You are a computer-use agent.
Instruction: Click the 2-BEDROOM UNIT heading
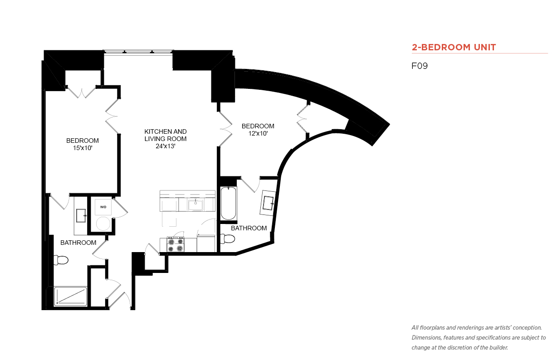tap(454, 47)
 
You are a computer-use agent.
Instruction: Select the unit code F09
tap(420, 66)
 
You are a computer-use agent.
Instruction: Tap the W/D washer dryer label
tap(103, 207)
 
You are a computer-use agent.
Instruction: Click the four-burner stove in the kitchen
tap(176, 244)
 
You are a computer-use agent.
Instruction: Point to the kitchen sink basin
tap(195, 205)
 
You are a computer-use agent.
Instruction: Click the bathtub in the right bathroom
tap(229, 204)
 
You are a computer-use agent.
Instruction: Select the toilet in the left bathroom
tap(61, 260)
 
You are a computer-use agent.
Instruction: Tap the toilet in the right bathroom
tap(228, 238)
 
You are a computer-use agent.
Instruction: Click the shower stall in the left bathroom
tap(71, 297)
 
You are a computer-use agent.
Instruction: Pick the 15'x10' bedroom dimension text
tap(83, 148)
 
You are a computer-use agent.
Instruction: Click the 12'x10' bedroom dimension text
tap(258, 133)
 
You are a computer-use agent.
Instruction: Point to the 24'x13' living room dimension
tap(166, 146)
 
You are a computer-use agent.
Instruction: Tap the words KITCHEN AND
tap(166, 131)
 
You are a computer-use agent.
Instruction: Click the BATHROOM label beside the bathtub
tap(249, 228)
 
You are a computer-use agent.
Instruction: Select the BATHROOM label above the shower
tap(78, 243)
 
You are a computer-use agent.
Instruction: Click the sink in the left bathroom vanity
tap(81, 215)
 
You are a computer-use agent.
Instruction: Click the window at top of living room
tap(138, 52)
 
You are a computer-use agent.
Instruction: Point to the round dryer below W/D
tap(103, 224)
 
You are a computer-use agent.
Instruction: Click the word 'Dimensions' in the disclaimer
tap(426, 338)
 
